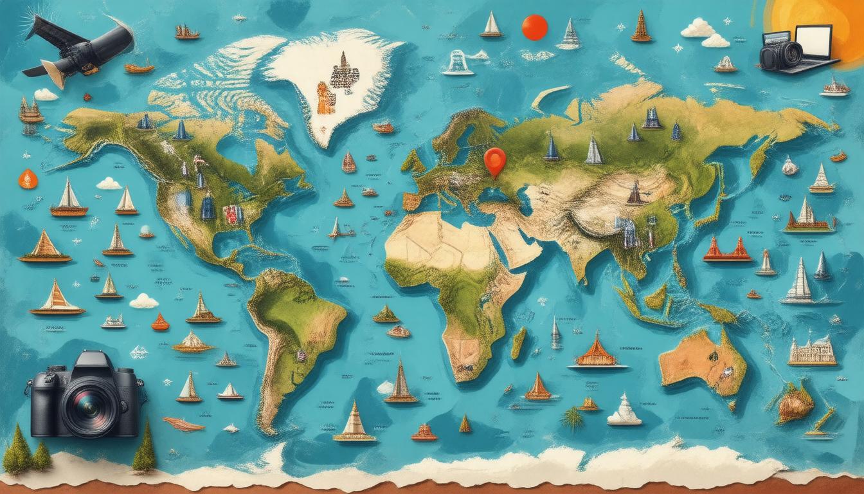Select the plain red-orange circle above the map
pos(534,28)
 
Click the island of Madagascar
pos(518,343)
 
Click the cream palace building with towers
pos(813,351)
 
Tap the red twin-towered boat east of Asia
pos(727,249)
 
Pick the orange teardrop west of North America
pos(28,178)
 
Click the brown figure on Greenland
pos(325,98)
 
